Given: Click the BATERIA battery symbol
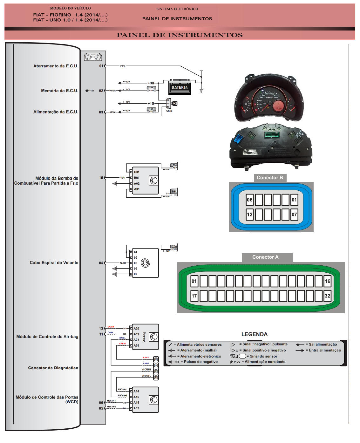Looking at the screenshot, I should pos(180,87).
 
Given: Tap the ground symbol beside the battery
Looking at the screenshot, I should pos(201,91).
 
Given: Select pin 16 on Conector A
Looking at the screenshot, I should pos(327,281).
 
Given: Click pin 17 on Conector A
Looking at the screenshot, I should pos(194,296).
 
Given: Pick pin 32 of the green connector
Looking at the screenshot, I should pos(327,296).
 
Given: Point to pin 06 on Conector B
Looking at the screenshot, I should pos(250,200).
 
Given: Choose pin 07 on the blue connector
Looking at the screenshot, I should pos(294,215).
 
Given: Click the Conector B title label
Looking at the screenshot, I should pos(269,178).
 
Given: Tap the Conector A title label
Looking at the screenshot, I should pos(265,257).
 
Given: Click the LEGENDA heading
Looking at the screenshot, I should pos(254,334).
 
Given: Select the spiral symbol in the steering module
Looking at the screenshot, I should pos(146,263).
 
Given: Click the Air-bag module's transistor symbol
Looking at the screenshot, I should pos(154,337).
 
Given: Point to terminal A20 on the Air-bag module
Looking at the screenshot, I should pos(136,329).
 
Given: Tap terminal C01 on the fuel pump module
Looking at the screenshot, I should pos(137,172).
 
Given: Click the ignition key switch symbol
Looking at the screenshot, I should pos(174,104).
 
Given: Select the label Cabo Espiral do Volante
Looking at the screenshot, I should pos(54,262).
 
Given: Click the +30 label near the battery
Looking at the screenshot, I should pos(151,83).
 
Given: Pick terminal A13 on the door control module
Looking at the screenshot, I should pos(136,408).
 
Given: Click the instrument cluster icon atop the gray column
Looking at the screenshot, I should pos(93,57).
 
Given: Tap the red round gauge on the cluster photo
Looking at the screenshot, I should pos(279,106).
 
